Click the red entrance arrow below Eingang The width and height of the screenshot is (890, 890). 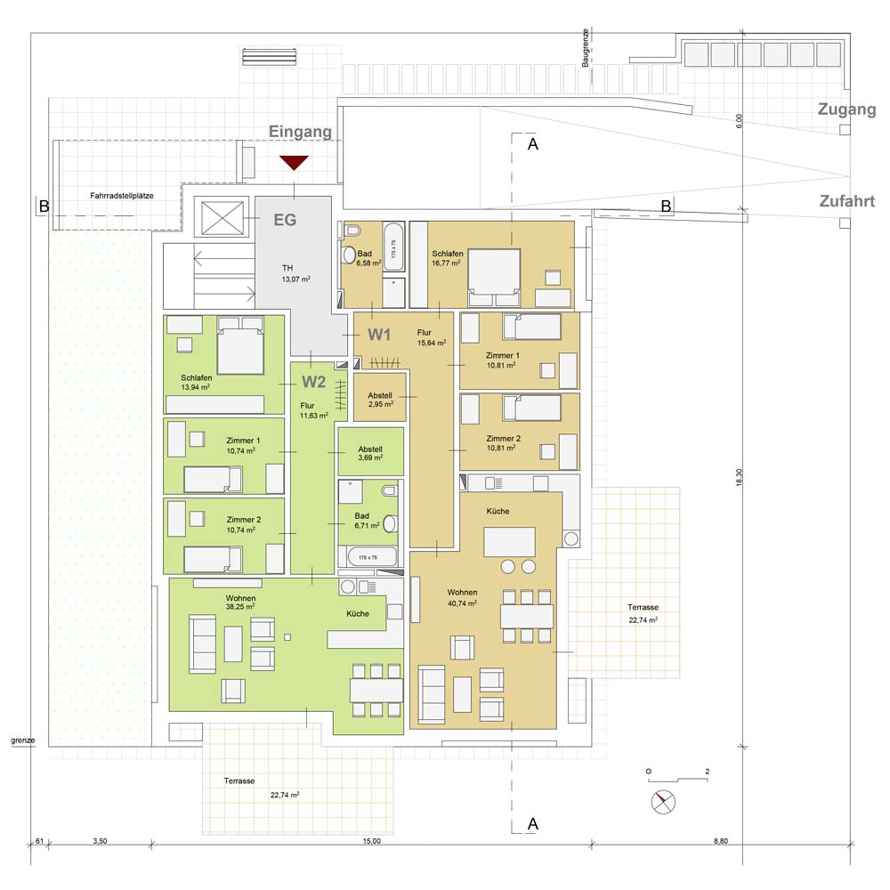tap(294, 162)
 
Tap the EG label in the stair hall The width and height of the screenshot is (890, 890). tap(285, 220)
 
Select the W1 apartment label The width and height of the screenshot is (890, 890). tap(379, 335)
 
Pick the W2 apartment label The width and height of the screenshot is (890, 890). tap(314, 382)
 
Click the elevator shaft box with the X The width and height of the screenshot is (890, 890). tap(222, 217)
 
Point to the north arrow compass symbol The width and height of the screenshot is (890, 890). tap(663, 802)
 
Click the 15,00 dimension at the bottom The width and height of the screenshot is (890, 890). tap(372, 841)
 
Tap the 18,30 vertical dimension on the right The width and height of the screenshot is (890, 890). tap(739, 477)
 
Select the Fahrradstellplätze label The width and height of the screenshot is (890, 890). tap(122, 196)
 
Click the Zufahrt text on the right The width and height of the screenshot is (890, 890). tap(847, 201)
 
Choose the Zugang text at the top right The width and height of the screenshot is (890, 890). tap(847, 109)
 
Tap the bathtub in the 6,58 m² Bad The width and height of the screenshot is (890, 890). tap(393, 248)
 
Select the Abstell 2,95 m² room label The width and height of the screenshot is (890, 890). tap(380, 400)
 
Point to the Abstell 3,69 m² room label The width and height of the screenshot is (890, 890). tap(370, 453)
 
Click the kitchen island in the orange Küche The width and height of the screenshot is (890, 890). tap(509, 541)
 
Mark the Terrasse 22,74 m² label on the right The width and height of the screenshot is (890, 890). tap(643, 613)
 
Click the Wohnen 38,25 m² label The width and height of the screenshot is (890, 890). tap(240, 603)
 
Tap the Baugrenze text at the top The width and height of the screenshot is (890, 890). tap(586, 48)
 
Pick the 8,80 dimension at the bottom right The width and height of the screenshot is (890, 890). tap(721, 841)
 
